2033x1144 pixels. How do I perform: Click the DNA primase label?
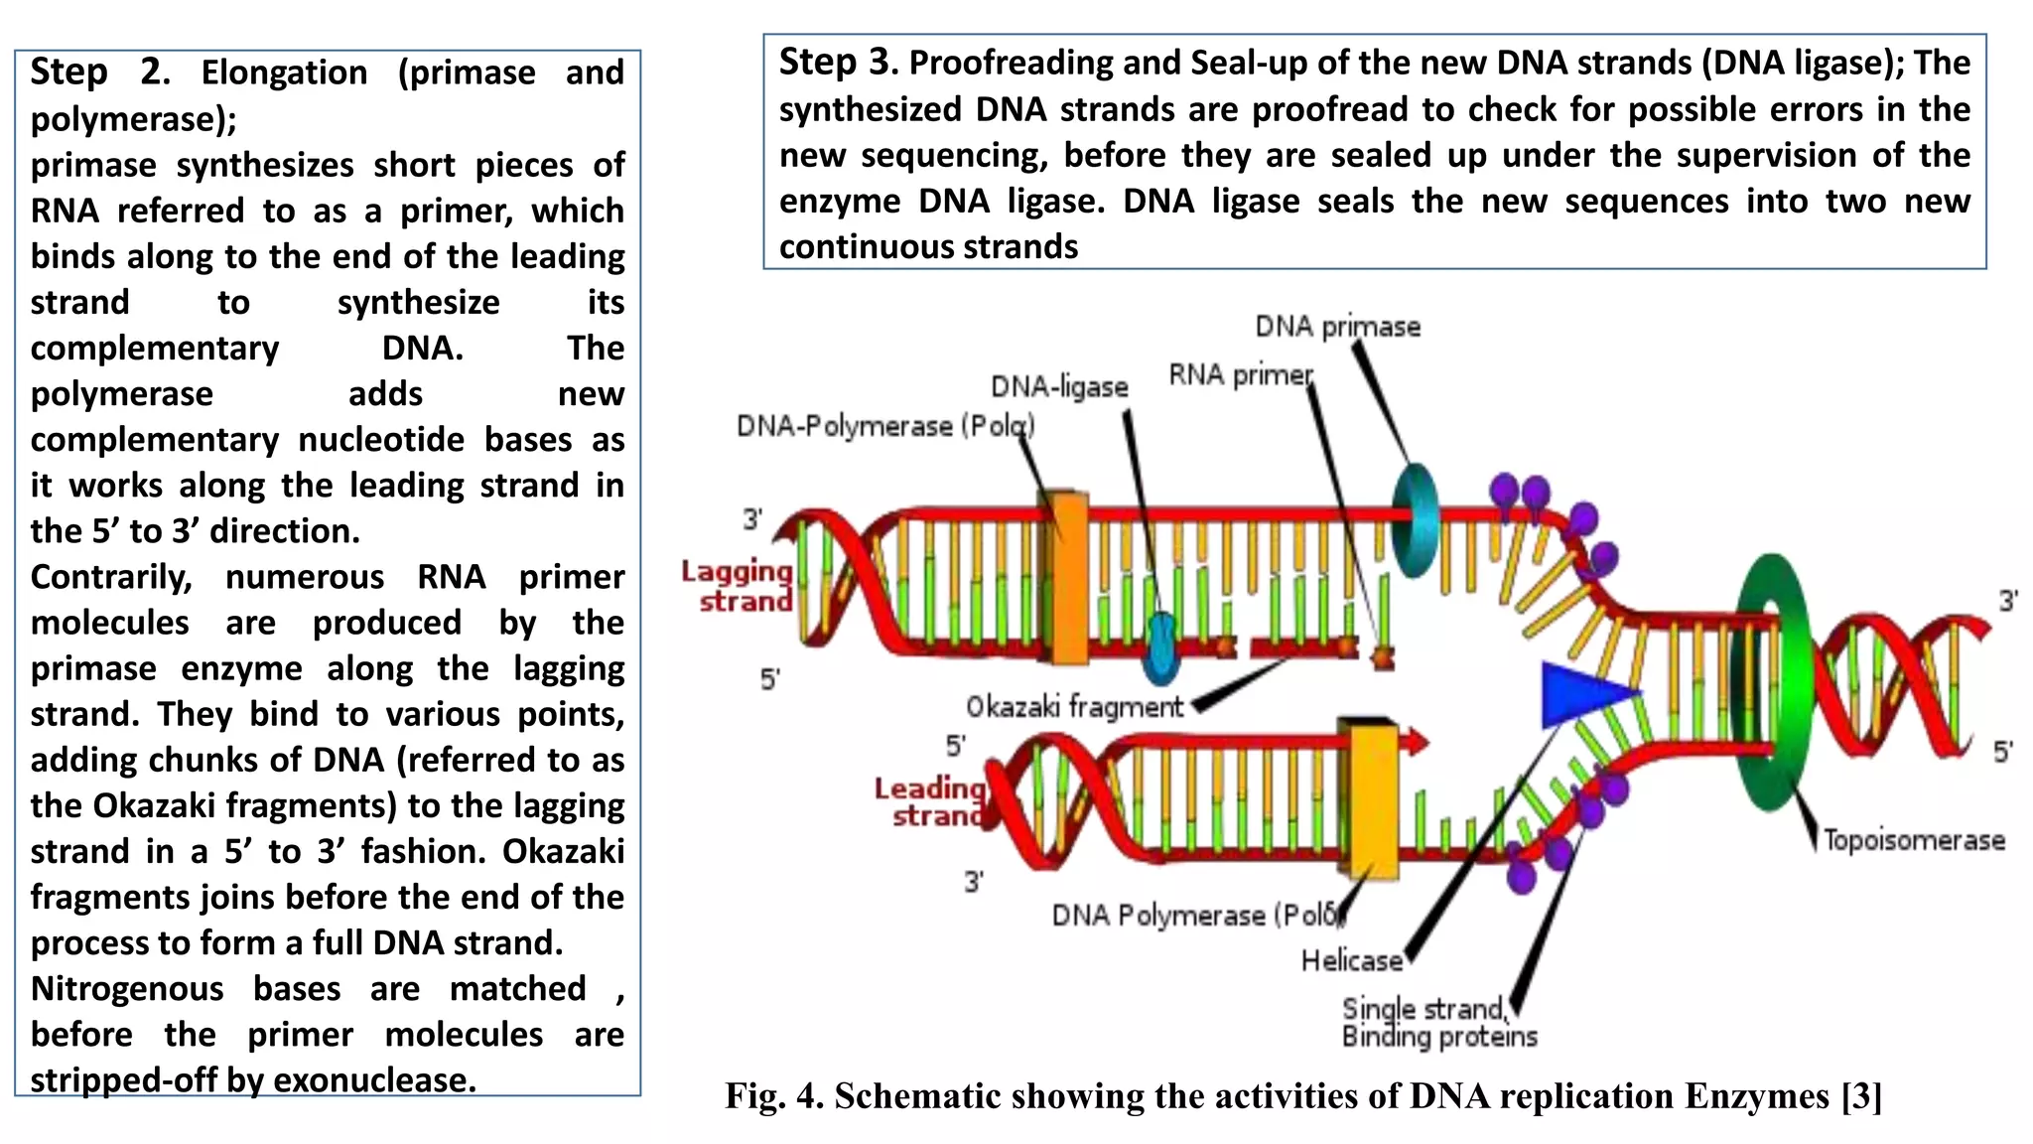pyautogui.click(x=1337, y=327)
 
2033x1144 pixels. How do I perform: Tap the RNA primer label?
pyautogui.click(x=1240, y=375)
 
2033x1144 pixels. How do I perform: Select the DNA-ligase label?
pyautogui.click(x=1059, y=386)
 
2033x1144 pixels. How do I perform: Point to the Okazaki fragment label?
pyautogui.click(x=1074, y=707)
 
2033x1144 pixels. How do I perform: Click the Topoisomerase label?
pyautogui.click(x=1913, y=841)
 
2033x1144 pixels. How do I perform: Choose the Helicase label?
pyautogui.click(x=1351, y=961)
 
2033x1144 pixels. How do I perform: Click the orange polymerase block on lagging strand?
pyautogui.click(x=1069, y=577)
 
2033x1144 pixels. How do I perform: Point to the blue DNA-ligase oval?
pyautogui.click(x=1160, y=647)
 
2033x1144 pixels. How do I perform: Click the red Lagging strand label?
pyautogui.click(x=738, y=586)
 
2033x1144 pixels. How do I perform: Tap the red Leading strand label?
pyautogui.click(x=930, y=801)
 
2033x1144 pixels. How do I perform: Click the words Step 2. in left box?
pyautogui.click(x=99, y=72)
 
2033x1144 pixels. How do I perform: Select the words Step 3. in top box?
pyautogui.click(x=837, y=63)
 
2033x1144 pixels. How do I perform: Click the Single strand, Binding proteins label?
pyautogui.click(x=1438, y=1023)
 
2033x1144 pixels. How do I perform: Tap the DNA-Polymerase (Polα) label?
pyautogui.click(x=884, y=426)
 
